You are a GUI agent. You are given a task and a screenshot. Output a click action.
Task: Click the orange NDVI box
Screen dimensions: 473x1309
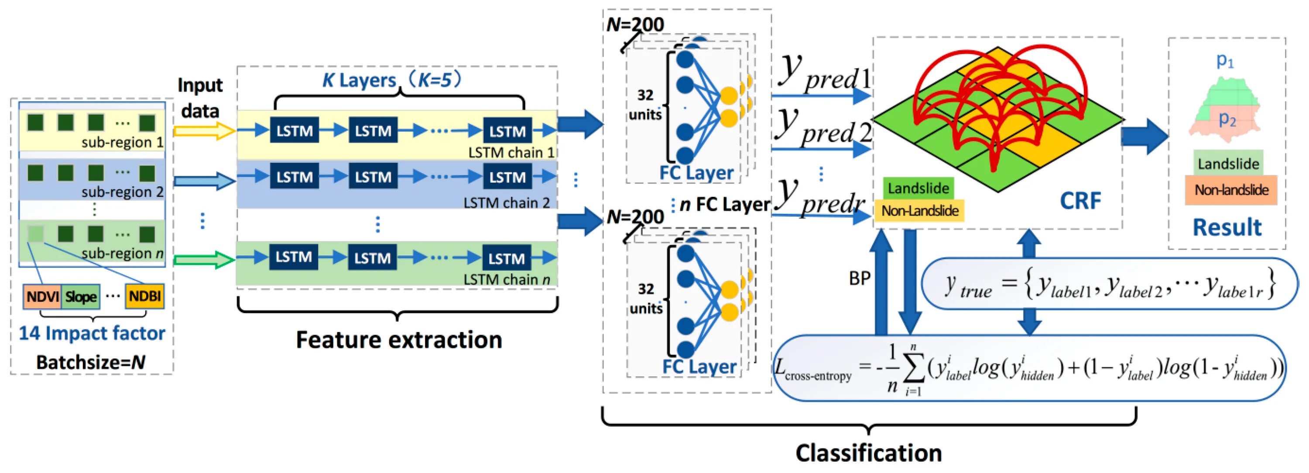(x=42, y=296)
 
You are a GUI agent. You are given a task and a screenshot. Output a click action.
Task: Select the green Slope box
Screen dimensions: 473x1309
(x=81, y=297)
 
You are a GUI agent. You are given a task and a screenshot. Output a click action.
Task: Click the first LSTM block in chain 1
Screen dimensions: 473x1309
(x=294, y=130)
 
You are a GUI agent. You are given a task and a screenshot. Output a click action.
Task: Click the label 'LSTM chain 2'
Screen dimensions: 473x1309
(x=506, y=203)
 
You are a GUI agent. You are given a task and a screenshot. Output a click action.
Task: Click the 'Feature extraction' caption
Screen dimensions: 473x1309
(x=399, y=339)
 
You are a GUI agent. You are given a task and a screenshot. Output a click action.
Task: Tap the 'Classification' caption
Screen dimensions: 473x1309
(x=868, y=452)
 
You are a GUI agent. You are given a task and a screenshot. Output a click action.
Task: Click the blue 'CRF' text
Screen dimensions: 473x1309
(x=1080, y=201)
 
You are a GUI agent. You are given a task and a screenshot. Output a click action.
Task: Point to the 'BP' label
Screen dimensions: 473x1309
(x=860, y=278)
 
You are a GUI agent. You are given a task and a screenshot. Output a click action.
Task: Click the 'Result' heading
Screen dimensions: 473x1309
(x=1227, y=227)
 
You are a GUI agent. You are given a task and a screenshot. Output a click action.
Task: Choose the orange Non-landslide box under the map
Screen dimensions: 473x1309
(x=1231, y=190)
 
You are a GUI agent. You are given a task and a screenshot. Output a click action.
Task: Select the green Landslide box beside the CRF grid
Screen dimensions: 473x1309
(x=918, y=188)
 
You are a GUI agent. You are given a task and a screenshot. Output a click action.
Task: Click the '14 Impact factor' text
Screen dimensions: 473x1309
(x=92, y=333)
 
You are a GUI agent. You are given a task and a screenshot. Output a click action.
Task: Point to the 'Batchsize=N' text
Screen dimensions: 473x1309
(x=90, y=362)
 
